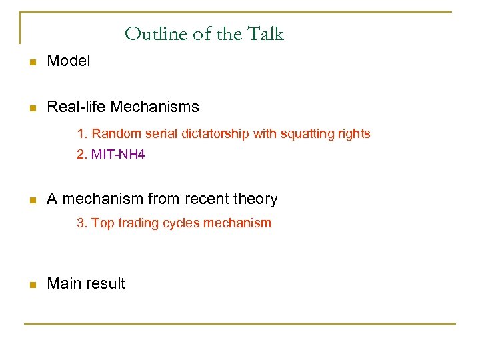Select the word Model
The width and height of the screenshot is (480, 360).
click(x=69, y=61)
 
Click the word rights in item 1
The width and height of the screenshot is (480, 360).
click(x=353, y=134)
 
